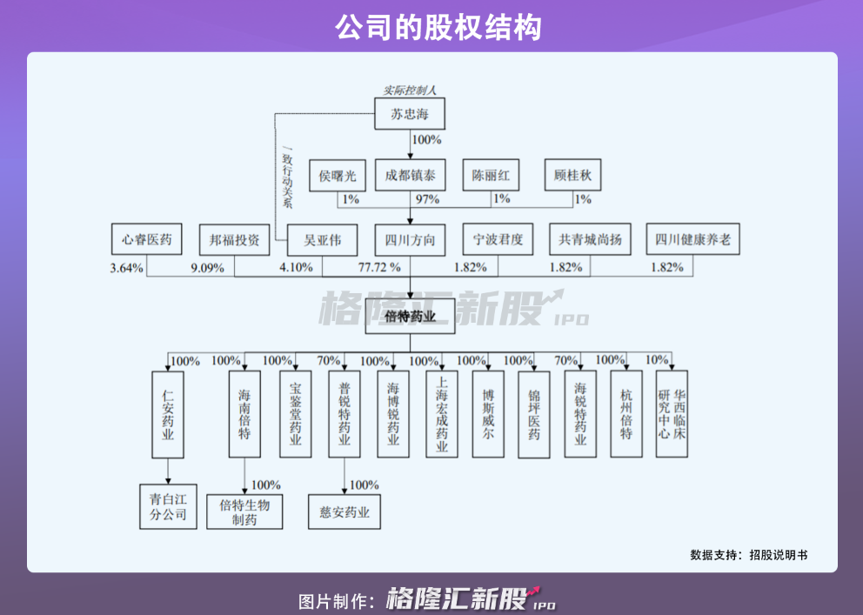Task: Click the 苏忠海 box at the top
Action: [410, 114]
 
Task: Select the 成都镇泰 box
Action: [410, 176]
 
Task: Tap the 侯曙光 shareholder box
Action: [338, 176]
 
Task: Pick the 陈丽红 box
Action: [491, 176]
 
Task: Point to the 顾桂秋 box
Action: [572, 176]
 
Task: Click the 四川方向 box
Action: [410, 239]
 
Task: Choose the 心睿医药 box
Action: [146, 239]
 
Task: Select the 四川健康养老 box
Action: [693, 239]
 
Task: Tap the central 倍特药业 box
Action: [410, 317]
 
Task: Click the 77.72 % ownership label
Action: [379, 268]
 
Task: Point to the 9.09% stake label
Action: [207, 268]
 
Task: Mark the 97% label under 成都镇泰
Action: [426, 199]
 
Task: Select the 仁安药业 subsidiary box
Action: [168, 414]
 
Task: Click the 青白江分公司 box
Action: [168, 506]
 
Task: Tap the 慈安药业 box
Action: [345, 512]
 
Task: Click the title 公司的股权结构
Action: [431, 27]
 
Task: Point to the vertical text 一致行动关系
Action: [288, 181]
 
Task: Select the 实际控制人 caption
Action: [410, 90]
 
